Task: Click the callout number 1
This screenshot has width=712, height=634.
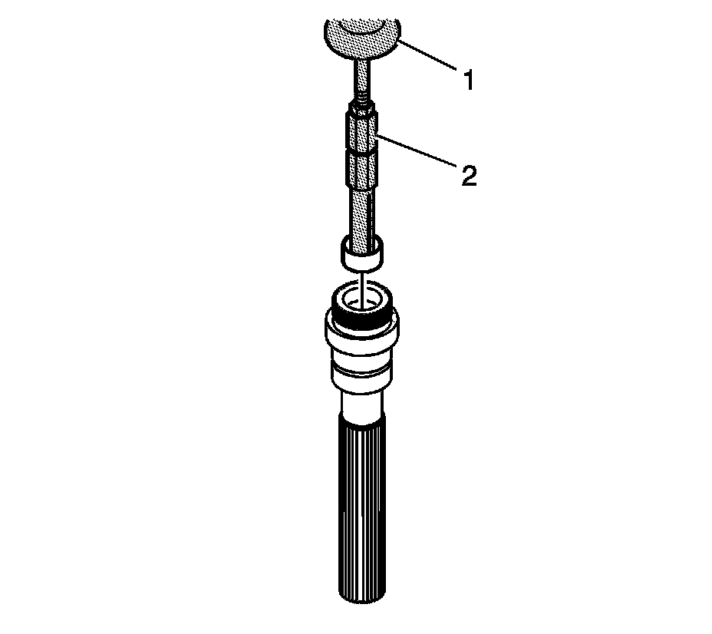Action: coord(469,80)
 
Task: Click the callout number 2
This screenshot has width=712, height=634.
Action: coord(469,176)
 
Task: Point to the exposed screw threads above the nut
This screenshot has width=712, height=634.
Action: coord(362,101)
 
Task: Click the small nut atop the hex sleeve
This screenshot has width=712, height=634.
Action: coord(362,110)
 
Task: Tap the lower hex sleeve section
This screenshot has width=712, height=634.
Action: coord(362,170)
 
